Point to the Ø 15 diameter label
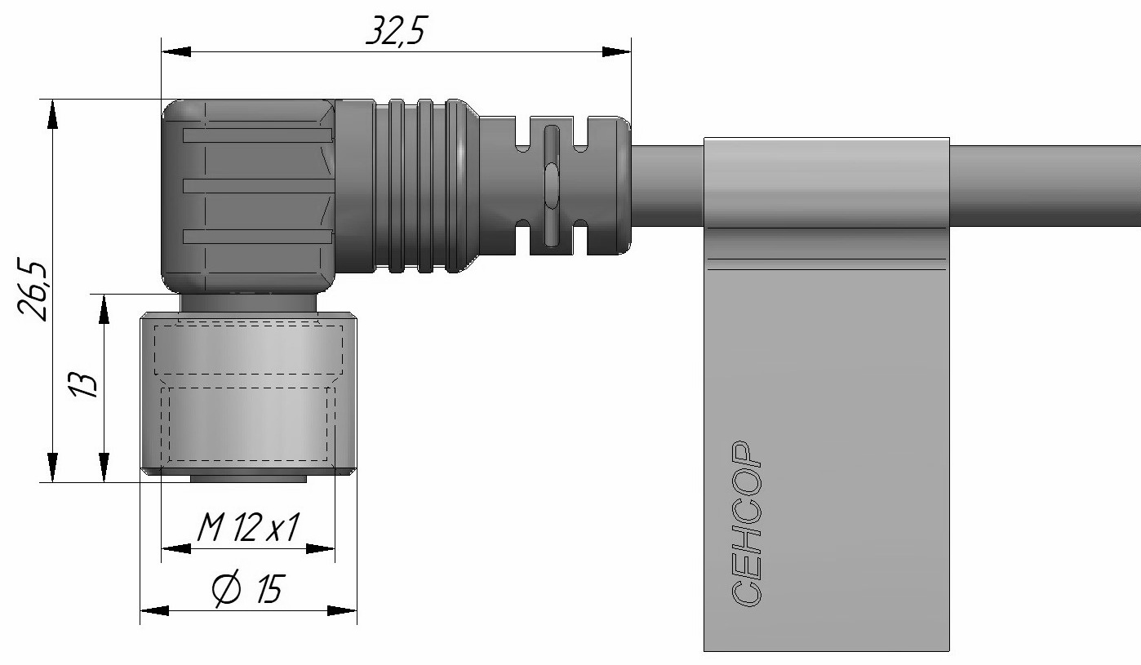click(248, 590)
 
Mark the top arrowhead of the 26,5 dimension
click(52, 114)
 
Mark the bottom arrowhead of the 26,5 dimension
click(52, 468)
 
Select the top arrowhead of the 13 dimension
click(104, 308)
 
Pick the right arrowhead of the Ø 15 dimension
click(343, 610)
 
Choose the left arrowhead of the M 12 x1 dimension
click(175, 549)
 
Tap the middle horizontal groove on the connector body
click(258, 186)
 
